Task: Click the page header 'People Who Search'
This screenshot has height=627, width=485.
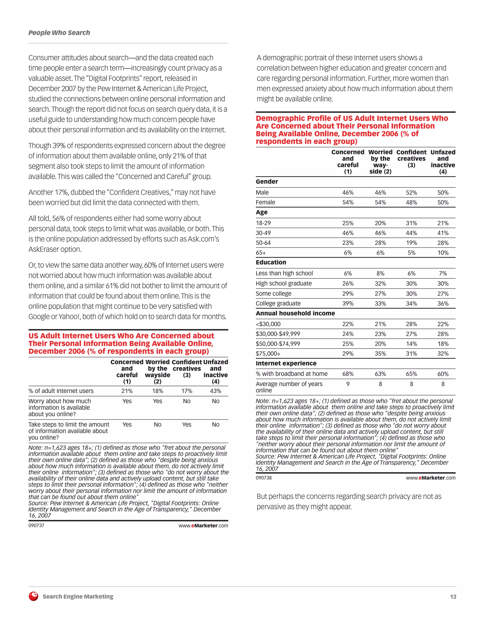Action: click(59, 33)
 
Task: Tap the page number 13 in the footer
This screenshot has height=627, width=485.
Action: click(453, 596)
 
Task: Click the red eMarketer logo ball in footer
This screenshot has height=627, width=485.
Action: click(34, 596)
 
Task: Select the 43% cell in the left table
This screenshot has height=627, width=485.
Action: click(216, 391)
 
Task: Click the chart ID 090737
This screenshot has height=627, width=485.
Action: click(36, 525)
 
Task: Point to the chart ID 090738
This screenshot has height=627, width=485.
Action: click(264, 478)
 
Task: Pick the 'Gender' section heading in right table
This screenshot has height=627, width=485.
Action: click(267, 181)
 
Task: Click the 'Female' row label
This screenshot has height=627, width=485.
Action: click(265, 202)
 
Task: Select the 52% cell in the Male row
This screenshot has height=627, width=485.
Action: click(411, 193)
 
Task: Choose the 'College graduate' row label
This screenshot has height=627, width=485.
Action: click(278, 304)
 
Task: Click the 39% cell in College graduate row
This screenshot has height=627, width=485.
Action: click(348, 304)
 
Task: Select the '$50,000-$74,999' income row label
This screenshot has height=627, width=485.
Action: click(278, 344)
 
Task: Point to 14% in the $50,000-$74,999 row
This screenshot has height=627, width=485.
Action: click(411, 344)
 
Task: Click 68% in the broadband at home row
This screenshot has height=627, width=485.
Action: click(348, 374)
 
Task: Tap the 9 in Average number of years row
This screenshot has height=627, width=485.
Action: click(348, 384)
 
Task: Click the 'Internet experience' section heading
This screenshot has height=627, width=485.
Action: click(286, 363)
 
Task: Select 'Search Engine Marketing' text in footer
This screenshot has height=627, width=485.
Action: click(78, 596)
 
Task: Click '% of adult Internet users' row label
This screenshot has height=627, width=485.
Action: click(61, 391)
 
